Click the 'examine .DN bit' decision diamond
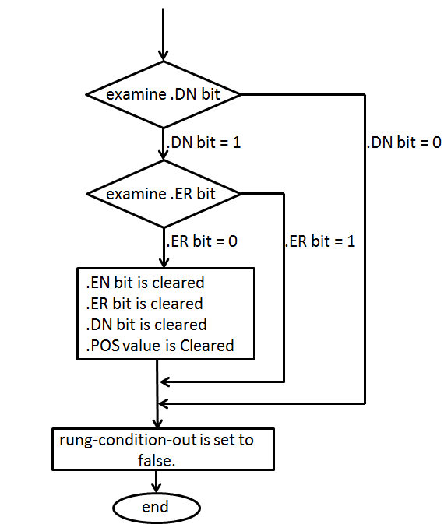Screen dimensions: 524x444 pos(164,95)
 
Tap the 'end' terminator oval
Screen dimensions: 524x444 pos(155,508)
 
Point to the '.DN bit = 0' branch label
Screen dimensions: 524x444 pos(403,144)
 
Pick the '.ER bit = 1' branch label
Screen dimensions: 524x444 pos(320,241)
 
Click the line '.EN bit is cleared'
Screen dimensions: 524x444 pos(142,283)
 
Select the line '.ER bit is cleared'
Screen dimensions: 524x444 pos(141,304)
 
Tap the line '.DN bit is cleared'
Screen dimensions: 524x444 pos(143,324)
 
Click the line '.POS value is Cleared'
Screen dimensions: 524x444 pos(157,345)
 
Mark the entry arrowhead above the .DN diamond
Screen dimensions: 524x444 pos(164,55)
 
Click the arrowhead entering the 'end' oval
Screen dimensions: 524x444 pos(158,489)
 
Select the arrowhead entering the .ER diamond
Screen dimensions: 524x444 pos(164,154)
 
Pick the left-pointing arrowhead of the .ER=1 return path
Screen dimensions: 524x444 pos(164,382)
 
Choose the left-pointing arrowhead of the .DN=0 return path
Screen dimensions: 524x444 pos(164,403)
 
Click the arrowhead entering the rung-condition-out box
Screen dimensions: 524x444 pos(158,422)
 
